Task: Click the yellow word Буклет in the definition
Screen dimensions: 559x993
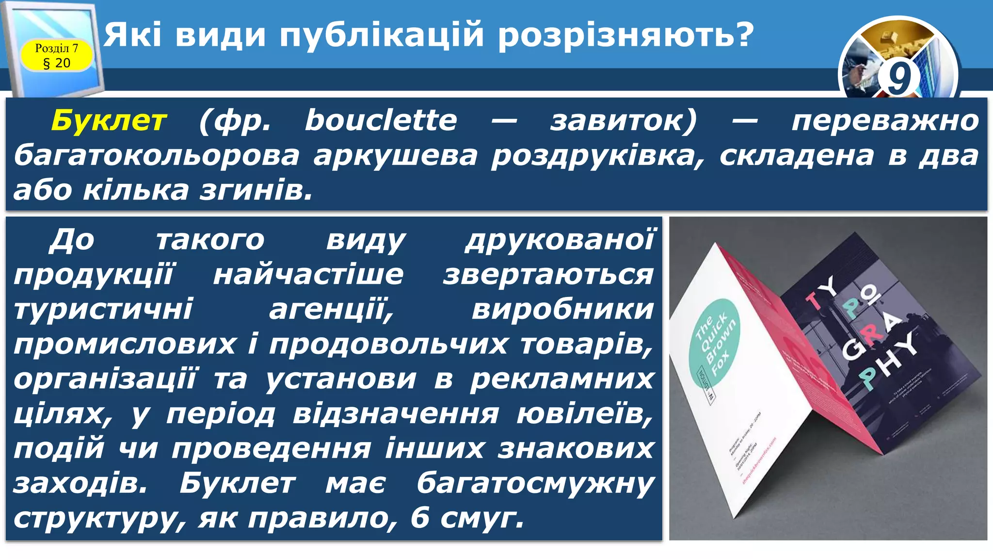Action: tap(109, 120)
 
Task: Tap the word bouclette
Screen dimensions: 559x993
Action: tap(381, 120)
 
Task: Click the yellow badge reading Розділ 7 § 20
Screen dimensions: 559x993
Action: tap(57, 55)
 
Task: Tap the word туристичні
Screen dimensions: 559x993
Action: tap(103, 309)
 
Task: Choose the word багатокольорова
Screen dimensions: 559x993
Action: tap(157, 155)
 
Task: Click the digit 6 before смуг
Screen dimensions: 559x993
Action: tap(420, 518)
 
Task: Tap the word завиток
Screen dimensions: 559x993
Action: tap(624, 120)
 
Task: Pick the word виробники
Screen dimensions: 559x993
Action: tap(563, 309)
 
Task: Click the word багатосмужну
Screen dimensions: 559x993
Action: tap(536, 484)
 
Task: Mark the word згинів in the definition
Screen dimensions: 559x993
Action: tap(256, 190)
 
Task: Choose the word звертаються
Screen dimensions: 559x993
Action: tap(548, 274)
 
